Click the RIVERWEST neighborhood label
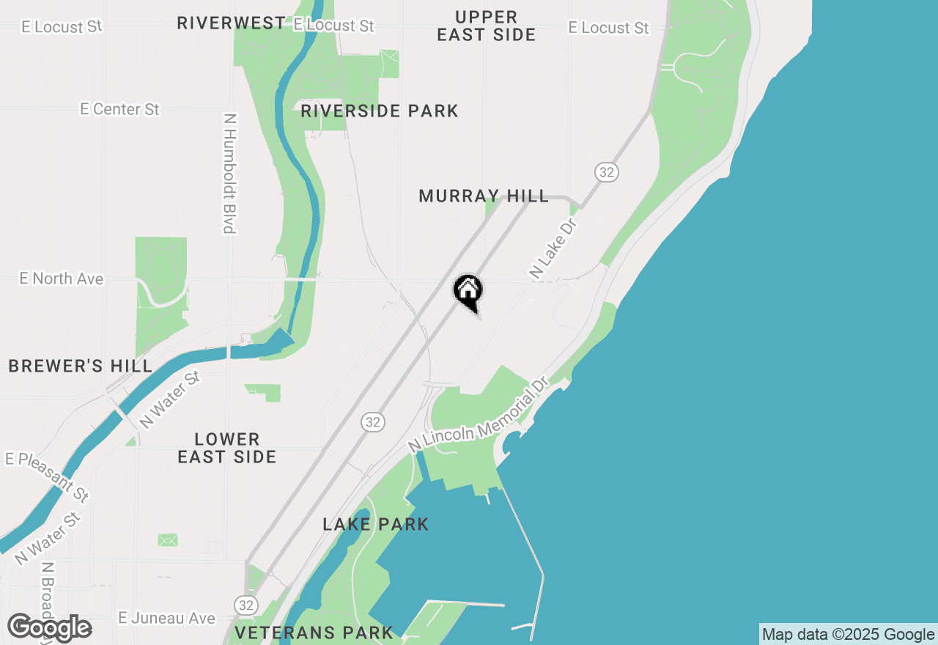(x=231, y=23)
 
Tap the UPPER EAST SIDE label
(x=486, y=26)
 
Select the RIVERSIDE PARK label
(x=379, y=111)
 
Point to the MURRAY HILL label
(x=483, y=196)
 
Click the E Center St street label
(x=119, y=109)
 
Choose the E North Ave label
(x=62, y=279)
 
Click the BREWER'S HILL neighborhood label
(x=81, y=366)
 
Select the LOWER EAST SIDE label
(x=227, y=448)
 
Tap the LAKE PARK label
(x=376, y=524)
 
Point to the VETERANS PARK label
(x=314, y=632)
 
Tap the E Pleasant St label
(x=48, y=476)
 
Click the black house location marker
(x=468, y=292)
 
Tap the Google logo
(x=49, y=628)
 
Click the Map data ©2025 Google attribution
(x=848, y=635)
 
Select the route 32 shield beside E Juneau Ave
(x=246, y=605)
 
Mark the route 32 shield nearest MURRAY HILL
(x=606, y=172)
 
